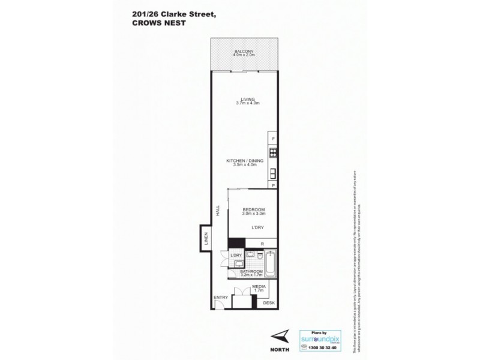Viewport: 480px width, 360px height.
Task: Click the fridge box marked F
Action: click(x=274, y=139)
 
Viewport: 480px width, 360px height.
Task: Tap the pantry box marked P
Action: click(x=274, y=185)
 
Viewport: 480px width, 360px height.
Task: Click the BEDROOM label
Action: click(x=254, y=209)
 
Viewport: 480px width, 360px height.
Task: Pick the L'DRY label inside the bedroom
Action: click(x=259, y=229)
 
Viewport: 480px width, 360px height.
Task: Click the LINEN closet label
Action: click(x=205, y=239)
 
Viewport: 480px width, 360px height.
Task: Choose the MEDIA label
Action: click(x=259, y=287)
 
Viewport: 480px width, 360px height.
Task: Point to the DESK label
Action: click(x=269, y=303)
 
